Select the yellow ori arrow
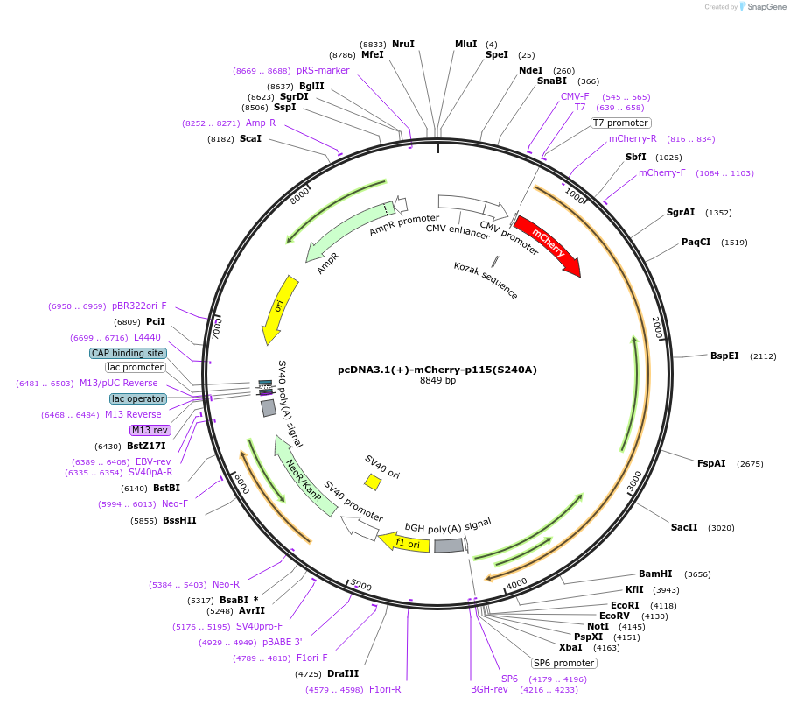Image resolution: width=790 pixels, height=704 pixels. coord(279,309)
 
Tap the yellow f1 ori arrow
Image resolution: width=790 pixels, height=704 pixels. coord(406,543)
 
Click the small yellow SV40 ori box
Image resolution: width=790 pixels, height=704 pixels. coord(373,482)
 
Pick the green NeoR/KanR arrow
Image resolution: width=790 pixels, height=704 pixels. coord(305,479)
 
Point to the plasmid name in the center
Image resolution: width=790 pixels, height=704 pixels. coord(437,370)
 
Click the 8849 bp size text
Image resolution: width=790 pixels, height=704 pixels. coord(437,381)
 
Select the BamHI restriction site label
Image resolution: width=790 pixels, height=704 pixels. coord(655,574)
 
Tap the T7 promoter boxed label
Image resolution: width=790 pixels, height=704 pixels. coord(621,123)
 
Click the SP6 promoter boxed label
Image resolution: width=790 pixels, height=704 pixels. coord(564,663)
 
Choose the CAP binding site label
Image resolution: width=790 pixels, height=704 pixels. coord(128,353)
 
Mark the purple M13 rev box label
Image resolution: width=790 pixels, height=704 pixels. coord(150,430)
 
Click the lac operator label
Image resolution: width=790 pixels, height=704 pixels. coord(138,398)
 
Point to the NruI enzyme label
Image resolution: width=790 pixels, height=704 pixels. coord(403,44)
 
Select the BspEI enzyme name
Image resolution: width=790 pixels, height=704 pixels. coord(724,356)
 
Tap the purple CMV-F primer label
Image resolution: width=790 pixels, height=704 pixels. coord(575,96)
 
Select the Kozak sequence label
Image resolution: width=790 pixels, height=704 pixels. coord(486,280)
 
